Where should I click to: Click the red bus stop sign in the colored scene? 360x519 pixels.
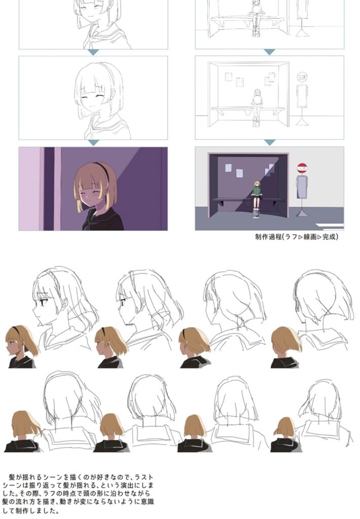click(301, 168)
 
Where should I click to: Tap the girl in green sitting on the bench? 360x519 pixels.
click(257, 199)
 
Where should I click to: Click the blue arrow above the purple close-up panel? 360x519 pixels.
click(93, 142)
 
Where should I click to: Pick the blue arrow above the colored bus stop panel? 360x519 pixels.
click(270, 142)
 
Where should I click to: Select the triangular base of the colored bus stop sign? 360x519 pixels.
click(302, 213)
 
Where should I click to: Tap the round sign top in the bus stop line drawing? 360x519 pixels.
click(302, 77)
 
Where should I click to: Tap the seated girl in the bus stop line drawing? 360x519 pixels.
click(257, 107)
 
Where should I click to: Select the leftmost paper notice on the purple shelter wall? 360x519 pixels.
click(228, 168)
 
